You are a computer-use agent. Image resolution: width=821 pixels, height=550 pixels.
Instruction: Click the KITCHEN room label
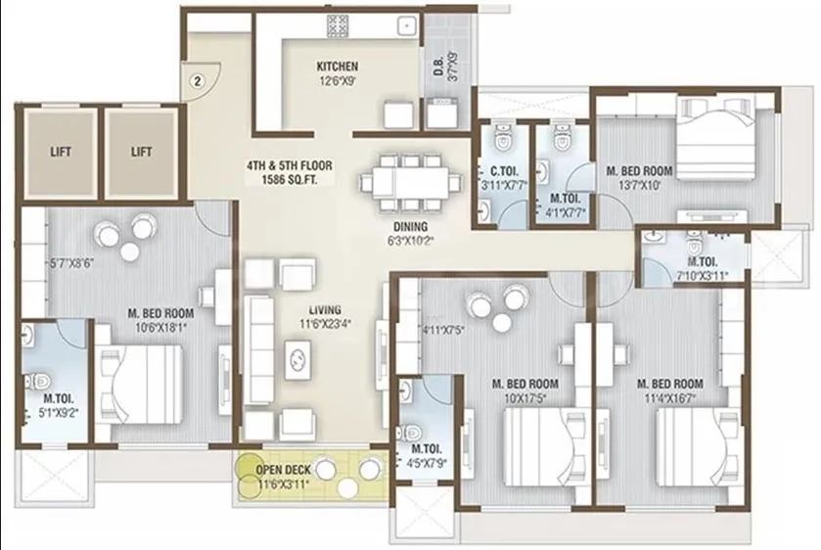pyautogui.click(x=336, y=67)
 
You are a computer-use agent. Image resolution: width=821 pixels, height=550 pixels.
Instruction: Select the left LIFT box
pyautogui.click(x=60, y=152)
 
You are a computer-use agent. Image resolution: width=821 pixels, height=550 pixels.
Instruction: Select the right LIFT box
pyautogui.click(x=142, y=152)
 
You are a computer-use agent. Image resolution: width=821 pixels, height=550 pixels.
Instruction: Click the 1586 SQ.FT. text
pyautogui.click(x=289, y=181)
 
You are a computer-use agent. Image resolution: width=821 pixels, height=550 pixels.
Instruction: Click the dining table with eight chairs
pyautogui.click(x=407, y=181)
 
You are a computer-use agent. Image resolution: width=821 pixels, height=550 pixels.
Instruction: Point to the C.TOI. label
pyautogui.click(x=490, y=170)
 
